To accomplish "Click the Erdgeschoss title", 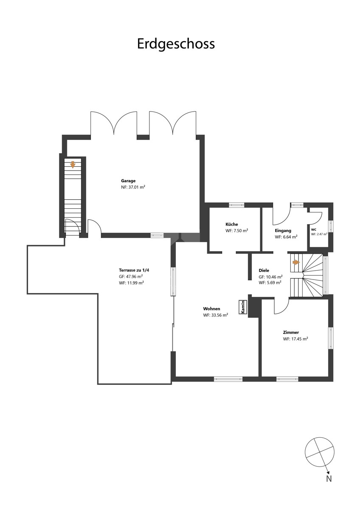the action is tap(176, 44).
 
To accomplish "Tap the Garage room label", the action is tap(128, 181).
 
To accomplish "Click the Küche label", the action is tap(232, 224).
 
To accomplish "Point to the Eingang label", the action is tap(283, 230).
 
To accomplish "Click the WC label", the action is tap(314, 230).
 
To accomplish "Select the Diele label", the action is tap(264, 271).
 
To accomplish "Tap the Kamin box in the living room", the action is tap(243, 307).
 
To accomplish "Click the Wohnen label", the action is tap(211, 309).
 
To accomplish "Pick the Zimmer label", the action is tap(291, 333).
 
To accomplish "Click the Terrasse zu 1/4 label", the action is tap(134, 270).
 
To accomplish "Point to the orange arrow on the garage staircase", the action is tap(73, 165).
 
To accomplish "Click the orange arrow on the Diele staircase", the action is tap(296, 263).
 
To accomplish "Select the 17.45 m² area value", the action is tap(295, 339).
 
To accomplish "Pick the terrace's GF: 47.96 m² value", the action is tap(131, 277).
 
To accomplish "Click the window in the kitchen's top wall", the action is tap(236, 205).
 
